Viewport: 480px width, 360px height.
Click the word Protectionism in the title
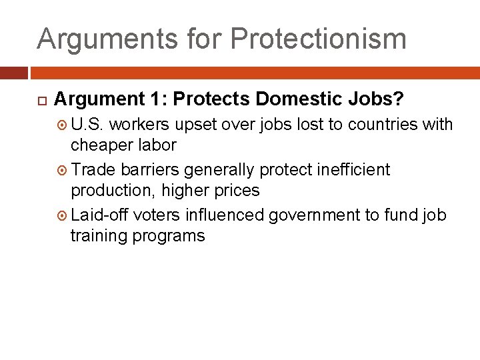(318, 39)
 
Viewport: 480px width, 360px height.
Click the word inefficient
(352, 170)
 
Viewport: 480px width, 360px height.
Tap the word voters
(157, 215)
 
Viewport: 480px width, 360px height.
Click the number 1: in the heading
(155, 99)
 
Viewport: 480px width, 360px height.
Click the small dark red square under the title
(14, 73)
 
